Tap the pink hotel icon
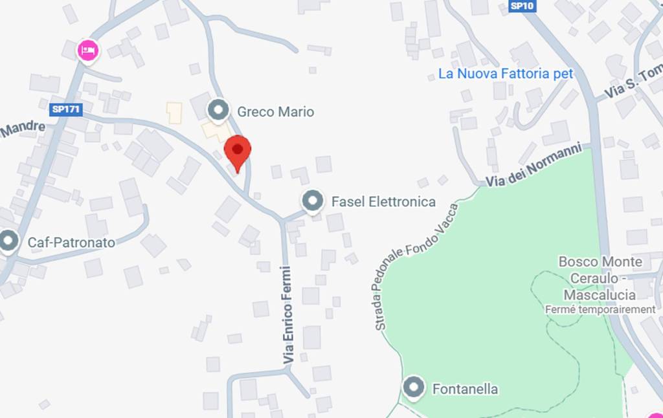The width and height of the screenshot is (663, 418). point(87,50)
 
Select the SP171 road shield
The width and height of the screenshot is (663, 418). point(65,109)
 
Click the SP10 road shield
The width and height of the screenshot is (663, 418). point(522,6)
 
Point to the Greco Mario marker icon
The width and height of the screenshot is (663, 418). point(218,110)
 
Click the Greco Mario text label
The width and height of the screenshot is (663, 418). point(275,112)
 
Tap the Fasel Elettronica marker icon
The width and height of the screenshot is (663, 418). point(313,201)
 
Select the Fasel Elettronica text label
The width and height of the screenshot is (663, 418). point(383,202)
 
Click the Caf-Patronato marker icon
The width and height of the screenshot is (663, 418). point(8,241)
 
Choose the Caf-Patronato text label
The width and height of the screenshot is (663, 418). point(71,243)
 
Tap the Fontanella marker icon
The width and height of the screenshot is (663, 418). point(414,388)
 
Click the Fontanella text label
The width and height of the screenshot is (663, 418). point(465,389)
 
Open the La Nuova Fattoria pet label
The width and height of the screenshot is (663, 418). point(506,74)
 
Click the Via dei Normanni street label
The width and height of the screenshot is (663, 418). point(534,168)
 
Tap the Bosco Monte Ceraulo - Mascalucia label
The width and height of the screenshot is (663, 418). point(600,278)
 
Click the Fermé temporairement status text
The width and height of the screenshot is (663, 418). point(600,309)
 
